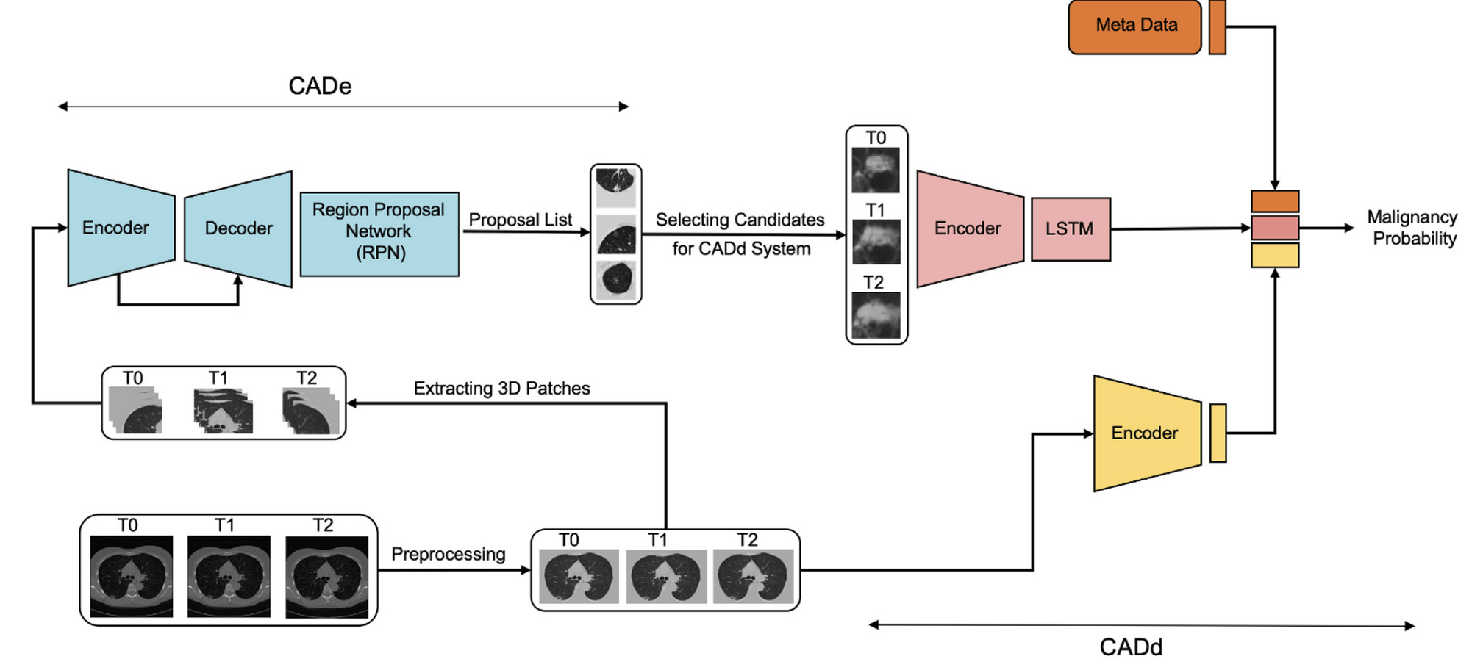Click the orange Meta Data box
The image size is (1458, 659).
click(x=1134, y=26)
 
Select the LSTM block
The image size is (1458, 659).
click(x=1070, y=228)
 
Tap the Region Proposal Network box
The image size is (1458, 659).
click(x=379, y=233)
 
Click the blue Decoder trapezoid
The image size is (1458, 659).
click(x=238, y=228)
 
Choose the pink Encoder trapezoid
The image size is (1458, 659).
click(x=968, y=228)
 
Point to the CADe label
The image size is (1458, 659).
click(x=320, y=86)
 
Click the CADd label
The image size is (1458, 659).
click(x=1130, y=647)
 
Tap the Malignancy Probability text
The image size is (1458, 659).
click(x=1411, y=227)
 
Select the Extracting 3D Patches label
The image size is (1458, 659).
click(x=501, y=388)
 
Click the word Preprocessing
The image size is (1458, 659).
click(x=448, y=554)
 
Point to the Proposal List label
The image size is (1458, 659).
click(x=520, y=220)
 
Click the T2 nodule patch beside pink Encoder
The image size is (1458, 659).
click(x=875, y=315)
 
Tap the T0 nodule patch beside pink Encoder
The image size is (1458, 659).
click(x=875, y=170)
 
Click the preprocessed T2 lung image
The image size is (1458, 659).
click(x=753, y=577)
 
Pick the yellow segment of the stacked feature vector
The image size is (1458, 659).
click(x=1274, y=256)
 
